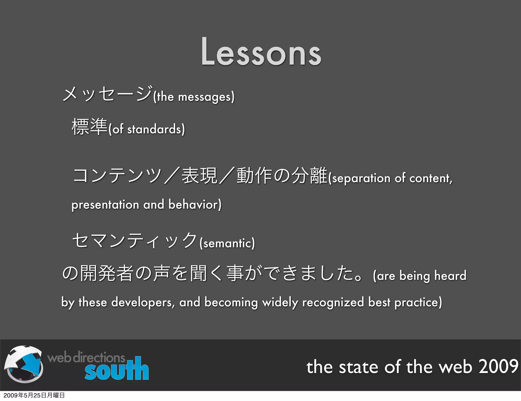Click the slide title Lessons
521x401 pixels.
[261, 52]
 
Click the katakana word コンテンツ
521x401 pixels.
[117, 176]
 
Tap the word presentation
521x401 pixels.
[105, 205]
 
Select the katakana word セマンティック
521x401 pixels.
[135, 240]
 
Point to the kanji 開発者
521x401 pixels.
[107, 274]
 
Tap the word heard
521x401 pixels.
[450, 276]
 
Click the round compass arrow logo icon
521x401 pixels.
[24, 364]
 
